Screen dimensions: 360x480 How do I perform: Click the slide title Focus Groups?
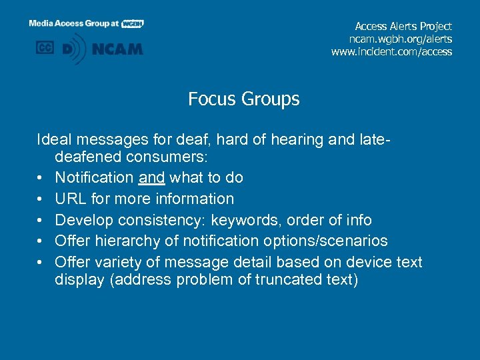pyautogui.click(x=243, y=99)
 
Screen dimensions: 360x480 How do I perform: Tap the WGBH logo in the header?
pyautogui.click(x=133, y=23)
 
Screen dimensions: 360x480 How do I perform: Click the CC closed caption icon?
pyautogui.click(x=45, y=48)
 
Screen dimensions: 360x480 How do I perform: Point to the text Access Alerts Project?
pyautogui.click(x=403, y=27)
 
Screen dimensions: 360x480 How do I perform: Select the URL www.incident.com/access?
pyautogui.click(x=391, y=51)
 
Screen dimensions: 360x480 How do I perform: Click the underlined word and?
pyautogui.click(x=151, y=177)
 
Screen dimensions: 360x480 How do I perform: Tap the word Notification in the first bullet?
pyautogui.click(x=94, y=177)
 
